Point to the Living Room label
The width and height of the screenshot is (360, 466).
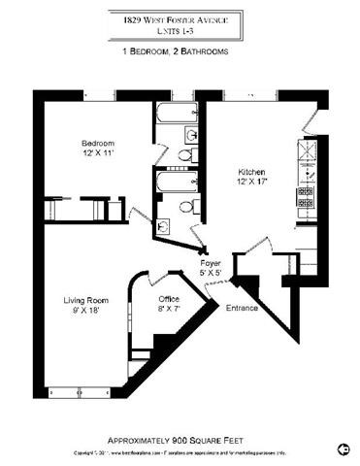[84, 301]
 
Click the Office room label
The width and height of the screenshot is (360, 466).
[170, 298]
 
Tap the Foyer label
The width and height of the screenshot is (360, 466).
[211, 262]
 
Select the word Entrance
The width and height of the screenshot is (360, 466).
[241, 308]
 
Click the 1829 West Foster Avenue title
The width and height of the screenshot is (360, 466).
[179, 17]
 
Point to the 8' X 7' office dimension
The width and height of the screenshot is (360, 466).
[170, 308]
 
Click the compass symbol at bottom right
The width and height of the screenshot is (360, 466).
[343, 449]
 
